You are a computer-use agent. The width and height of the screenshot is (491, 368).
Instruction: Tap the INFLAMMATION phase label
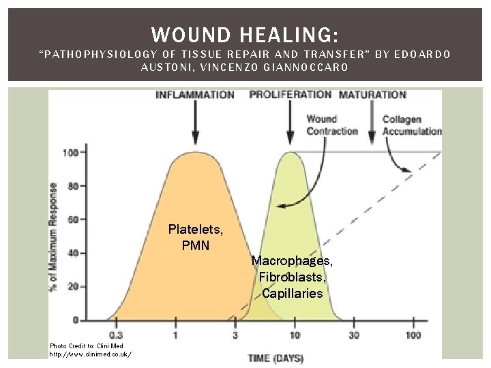(195, 95)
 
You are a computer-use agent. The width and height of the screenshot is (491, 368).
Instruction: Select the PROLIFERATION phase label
(291, 95)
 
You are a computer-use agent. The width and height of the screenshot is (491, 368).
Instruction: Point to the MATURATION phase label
(372, 95)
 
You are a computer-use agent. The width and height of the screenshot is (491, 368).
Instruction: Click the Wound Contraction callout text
(331, 125)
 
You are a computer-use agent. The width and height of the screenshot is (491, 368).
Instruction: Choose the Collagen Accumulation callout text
(411, 125)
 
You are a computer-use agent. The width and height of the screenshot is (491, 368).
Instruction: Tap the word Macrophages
(292, 261)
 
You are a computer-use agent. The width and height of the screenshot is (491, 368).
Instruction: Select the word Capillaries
(293, 294)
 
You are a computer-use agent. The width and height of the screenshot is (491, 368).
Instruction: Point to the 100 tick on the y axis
(70, 152)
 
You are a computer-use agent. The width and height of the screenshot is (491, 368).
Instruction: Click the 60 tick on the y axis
(72, 219)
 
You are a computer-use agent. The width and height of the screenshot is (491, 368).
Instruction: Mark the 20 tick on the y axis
(72, 286)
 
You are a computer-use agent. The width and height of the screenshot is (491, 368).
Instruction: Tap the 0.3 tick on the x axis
(116, 335)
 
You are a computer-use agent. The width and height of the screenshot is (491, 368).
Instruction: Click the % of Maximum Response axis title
(54, 236)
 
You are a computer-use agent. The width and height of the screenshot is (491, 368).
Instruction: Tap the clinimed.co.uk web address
(90, 354)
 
